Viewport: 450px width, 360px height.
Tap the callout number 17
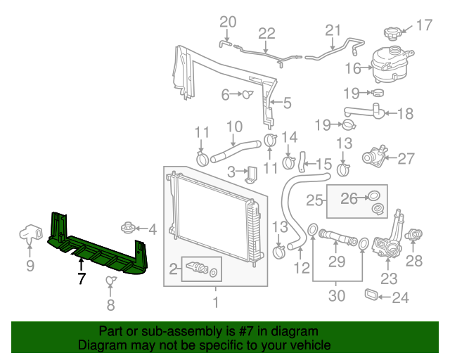(424, 26)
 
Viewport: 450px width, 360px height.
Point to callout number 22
(266, 32)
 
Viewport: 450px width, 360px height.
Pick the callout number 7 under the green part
(82, 278)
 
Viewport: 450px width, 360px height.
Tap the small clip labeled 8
(110, 282)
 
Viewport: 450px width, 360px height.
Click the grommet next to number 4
(128, 227)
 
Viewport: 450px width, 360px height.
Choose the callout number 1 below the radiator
(216, 303)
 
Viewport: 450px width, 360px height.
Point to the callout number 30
(337, 296)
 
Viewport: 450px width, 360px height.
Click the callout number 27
(406, 158)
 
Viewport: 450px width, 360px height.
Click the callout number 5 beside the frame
(286, 104)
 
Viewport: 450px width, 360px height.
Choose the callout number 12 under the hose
(302, 267)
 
